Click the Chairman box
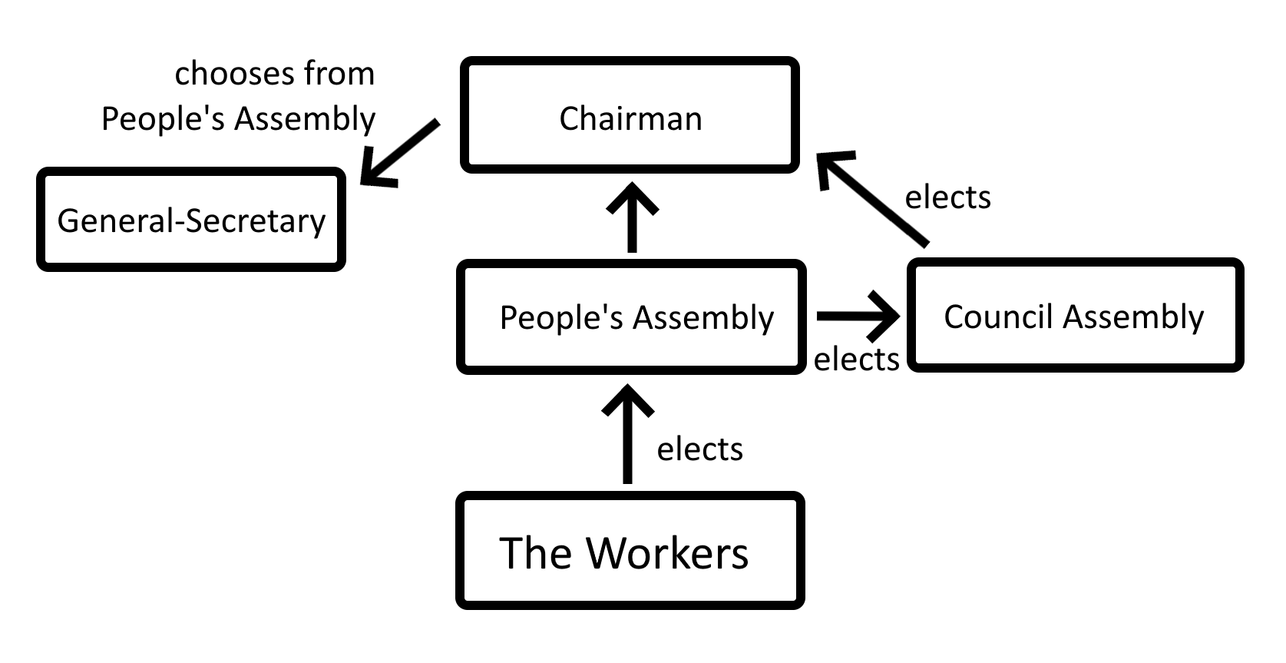click(630, 115)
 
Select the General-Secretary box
click(191, 220)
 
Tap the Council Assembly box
click(1075, 316)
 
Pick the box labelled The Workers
click(630, 551)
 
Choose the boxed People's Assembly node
click(631, 317)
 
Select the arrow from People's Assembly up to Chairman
click(632, 218)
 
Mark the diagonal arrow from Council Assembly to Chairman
click(873, 198)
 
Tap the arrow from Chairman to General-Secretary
click(398, 153)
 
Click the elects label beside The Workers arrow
click(699, 449)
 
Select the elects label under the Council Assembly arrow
click(856, 360)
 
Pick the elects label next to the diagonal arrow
click(947, 197)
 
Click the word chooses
click(234, 75)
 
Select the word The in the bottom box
click(535, 553)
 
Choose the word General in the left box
click(115, 220)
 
